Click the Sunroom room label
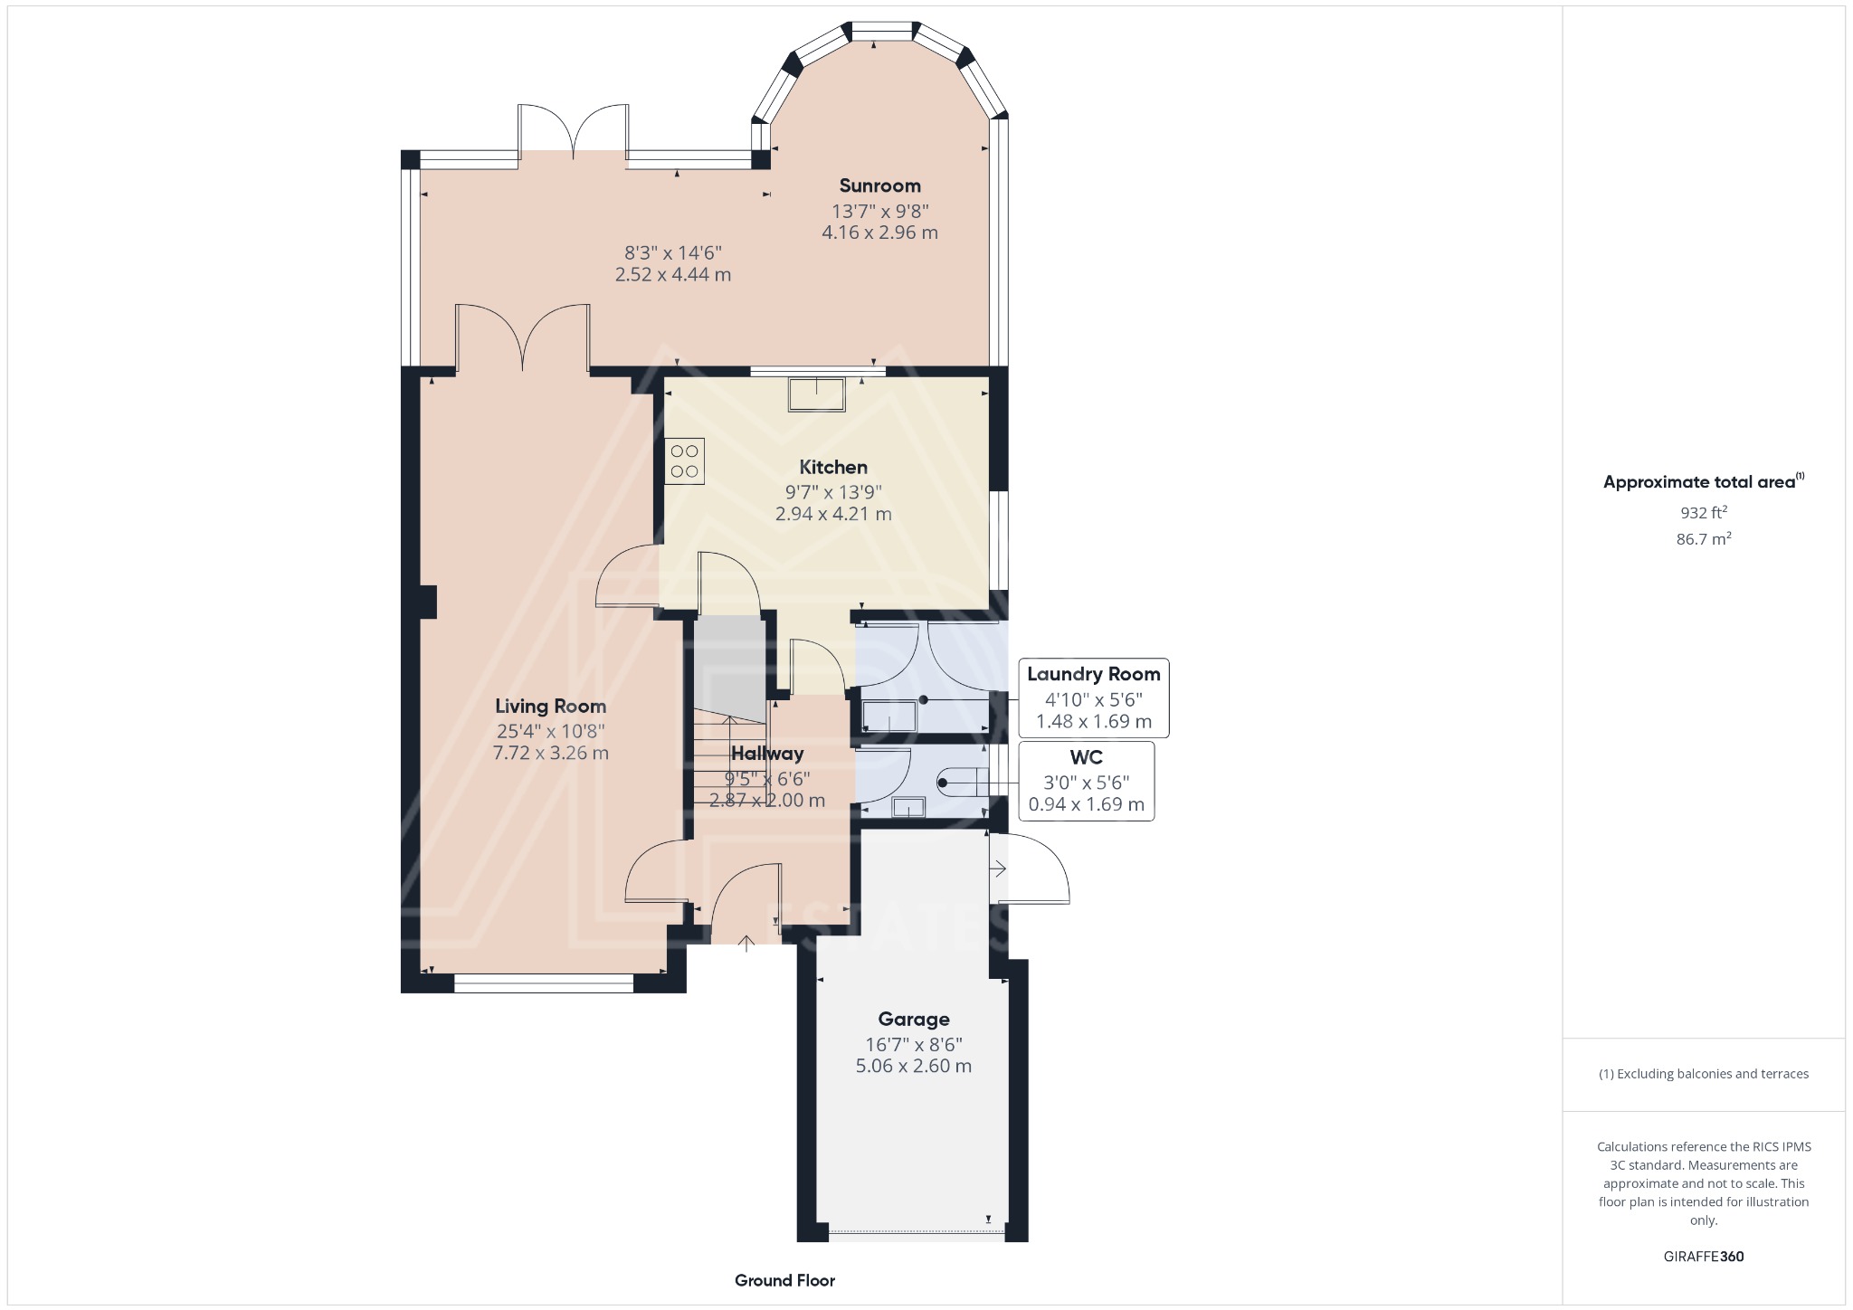click(x=879, y=185)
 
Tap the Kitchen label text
click(x=832, y=467)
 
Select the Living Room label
click(x=550, y=706)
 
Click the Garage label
click(x=913, y=1020)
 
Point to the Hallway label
click(x=766, y=753)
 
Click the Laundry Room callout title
click(x=1093, y=674)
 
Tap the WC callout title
click(x=1086, y=757)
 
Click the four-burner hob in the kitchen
click(x=684, y=460)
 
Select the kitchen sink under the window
click(x=816, y=394)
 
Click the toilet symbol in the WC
click(x=959, y=782)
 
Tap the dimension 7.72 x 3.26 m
click(x=550, y=753)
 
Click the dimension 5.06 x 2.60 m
click(x=913, y=1066)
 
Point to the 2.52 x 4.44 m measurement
click(x=672, y=274)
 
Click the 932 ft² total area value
click(x=1703, y=512)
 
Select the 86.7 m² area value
click(x=1703, y=539)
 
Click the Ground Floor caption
click(x=784, y=1280)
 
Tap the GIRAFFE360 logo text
click(x=1703, y=1256)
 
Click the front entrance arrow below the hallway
click(x=746, y=944)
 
